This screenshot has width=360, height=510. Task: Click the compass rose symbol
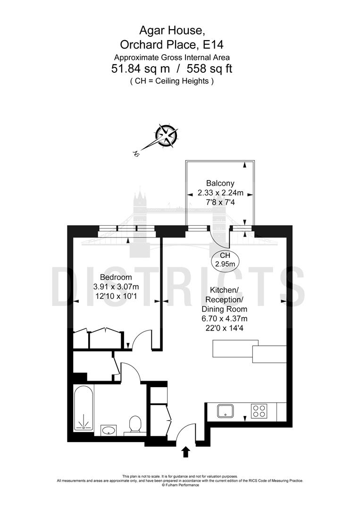tap(167, 136)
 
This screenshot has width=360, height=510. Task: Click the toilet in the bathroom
tap(134, 424)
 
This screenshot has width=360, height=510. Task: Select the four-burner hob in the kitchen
tap(258, 411)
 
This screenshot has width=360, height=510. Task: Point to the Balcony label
tap(220, 183)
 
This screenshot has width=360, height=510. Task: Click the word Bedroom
tap(116, 277)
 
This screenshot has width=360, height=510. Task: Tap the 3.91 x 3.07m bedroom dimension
tap(116, 287)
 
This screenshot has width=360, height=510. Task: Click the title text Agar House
tap(172, 31)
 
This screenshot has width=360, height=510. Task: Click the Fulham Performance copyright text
tap(180, 485)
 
